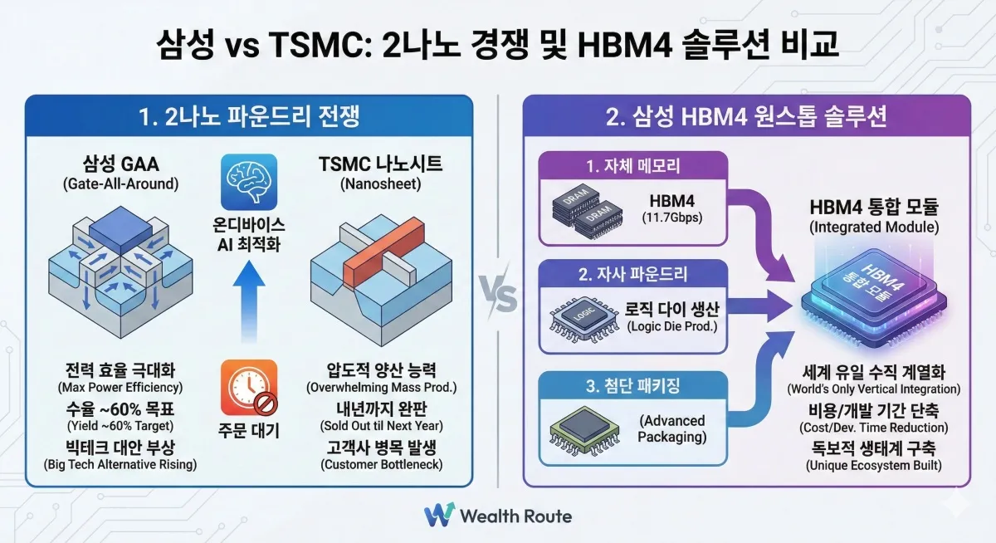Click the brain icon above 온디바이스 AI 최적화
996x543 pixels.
click(249, 182)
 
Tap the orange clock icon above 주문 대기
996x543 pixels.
click(249, 388)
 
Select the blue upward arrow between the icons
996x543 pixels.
click(249, 301)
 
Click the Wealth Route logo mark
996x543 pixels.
click(439, 516)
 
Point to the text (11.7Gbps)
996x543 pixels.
click(671, 218)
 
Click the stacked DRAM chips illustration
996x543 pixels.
click(588, 211)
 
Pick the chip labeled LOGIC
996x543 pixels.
click(584, 319)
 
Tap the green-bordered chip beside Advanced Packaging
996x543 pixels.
click(584, 430)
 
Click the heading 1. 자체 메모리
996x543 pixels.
click(633, 166)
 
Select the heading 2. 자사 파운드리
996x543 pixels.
click(633, 274)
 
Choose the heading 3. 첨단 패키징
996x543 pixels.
click(633, 385)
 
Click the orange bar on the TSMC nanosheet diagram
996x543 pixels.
click(384, 253)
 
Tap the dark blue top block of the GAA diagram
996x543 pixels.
click(120, 230)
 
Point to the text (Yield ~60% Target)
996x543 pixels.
click(120, 426)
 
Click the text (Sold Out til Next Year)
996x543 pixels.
click(382, 426)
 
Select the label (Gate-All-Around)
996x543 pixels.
click(120, 184)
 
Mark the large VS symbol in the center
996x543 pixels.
click(499, 295)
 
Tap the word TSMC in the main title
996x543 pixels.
click(316, 45)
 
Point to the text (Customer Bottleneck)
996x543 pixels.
click(382, 465)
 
